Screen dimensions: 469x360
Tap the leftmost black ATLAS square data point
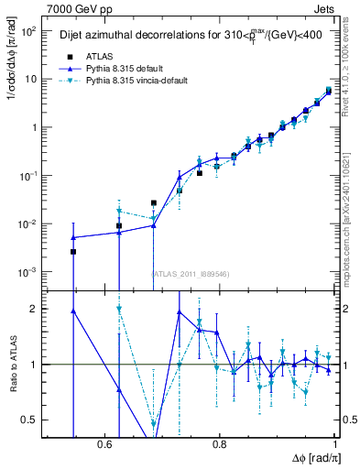tap(73, 251)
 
